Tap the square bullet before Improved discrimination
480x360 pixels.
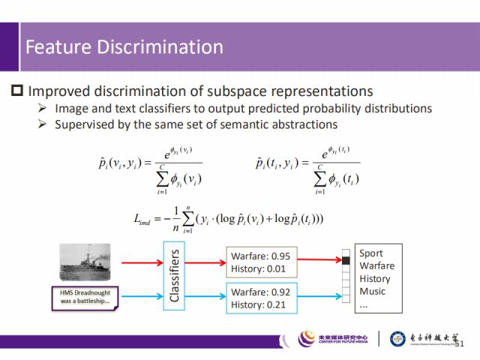pos(17,91)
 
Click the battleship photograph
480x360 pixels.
pos(85,260)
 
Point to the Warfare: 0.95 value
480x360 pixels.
pos(260,255)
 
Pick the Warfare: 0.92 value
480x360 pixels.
pos(260,292)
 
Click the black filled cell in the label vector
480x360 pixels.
pos(346,260)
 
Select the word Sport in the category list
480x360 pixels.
pos(371,253)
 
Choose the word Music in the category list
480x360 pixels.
pos(373,291)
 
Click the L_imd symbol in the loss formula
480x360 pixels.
pos(142,218)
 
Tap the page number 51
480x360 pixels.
pos(460,343)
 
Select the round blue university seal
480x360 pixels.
pos(399,339)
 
